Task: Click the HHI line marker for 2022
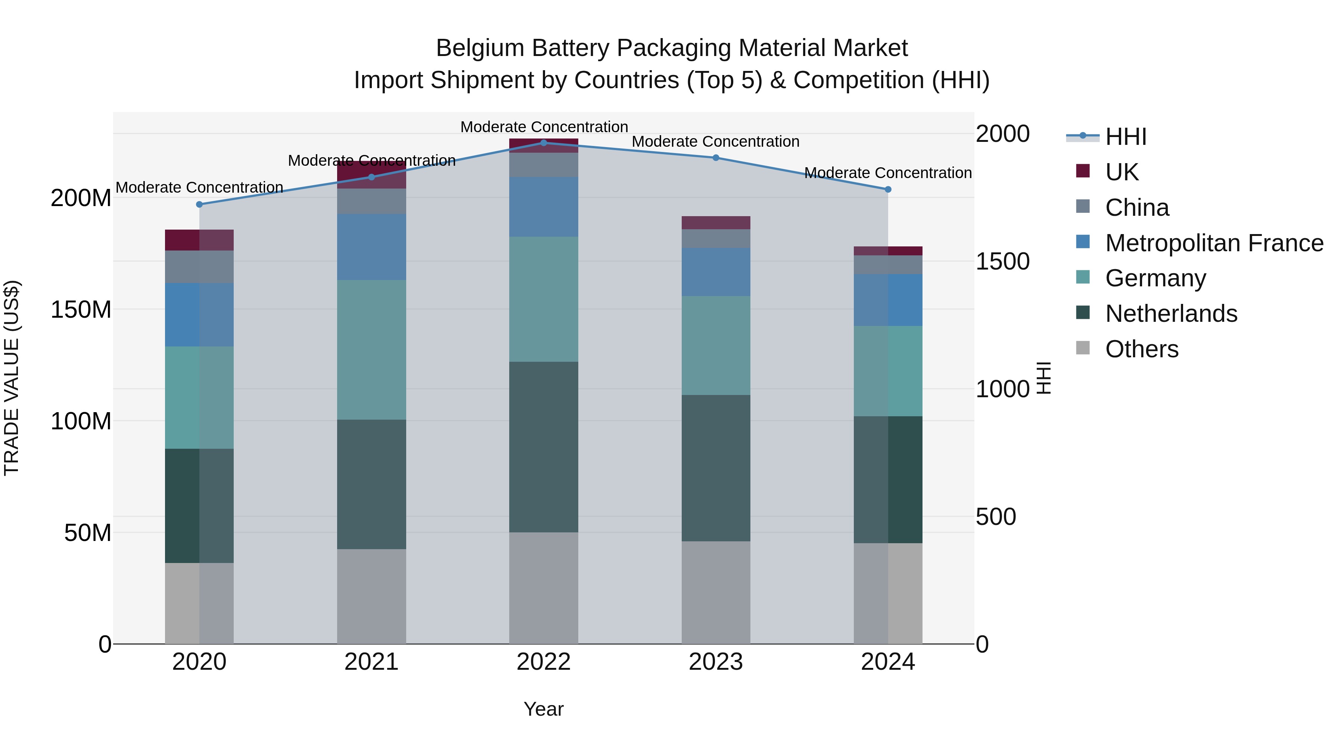click(544, 143)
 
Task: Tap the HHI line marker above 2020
click(199, 205)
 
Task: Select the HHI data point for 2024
click(888, 189)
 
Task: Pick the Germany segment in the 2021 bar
click(371, 349)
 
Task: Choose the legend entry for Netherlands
click(1171, 314)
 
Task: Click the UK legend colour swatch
click(1083, 171)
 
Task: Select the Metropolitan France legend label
click(1214, 243)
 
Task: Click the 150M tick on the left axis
click(81, 309)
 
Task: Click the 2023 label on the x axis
click(716, 662)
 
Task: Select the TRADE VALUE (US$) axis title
click(12, 378)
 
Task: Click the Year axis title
click(544, 709)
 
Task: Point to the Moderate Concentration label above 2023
click(715, 141)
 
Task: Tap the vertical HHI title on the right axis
click(1043, 378)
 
